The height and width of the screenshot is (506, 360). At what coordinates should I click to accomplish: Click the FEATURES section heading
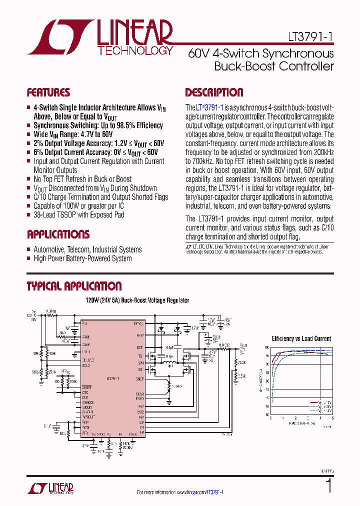point(48,92)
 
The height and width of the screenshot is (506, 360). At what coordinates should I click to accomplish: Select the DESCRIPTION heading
point(214,92)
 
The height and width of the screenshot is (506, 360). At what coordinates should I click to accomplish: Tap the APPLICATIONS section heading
point(58,234)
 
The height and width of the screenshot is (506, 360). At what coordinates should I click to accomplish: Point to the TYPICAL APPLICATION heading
point(73,286)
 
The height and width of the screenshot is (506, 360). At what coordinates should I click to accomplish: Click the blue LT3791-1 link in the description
point(209,107)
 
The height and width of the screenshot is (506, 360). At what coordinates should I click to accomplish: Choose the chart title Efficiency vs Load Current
point(301,338)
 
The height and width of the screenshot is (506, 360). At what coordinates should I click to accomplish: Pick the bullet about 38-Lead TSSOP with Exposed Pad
point(78,215)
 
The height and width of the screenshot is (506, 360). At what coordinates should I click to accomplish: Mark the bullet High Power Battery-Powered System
point(82,258)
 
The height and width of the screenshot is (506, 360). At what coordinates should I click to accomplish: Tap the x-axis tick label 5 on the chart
point(332,418)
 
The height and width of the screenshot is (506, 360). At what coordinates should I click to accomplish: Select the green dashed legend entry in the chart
point(320,410)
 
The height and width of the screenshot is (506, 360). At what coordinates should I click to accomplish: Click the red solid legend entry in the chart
point(320,401)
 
